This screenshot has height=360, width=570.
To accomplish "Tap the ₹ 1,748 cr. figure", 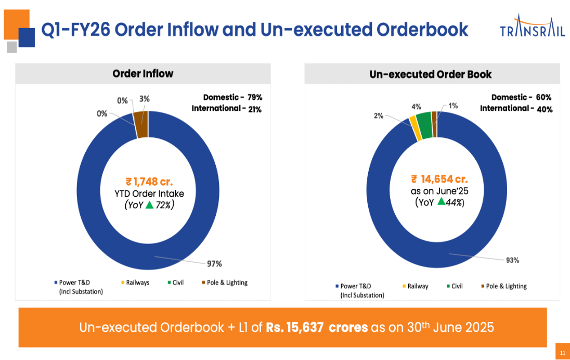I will (149, 182).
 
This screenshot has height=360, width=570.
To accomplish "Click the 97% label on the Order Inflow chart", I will (214, 264).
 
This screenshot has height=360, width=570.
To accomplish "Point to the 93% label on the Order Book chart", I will (512, 261).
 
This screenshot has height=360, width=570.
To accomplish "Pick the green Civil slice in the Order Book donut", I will (424, 125).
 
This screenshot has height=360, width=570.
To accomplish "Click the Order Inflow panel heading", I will (142, 74).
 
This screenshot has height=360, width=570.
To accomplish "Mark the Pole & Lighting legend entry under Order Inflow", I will (224, 282).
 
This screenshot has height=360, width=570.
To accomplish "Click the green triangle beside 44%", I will (441, 202).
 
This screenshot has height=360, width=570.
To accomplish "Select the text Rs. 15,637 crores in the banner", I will (317, 328).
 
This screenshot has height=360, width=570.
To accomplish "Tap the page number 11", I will (562, 353).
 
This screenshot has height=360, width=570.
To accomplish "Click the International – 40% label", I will (516, 109).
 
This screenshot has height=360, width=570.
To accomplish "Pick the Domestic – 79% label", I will (232, 97).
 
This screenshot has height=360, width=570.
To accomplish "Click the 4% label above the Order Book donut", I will (416, 107).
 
